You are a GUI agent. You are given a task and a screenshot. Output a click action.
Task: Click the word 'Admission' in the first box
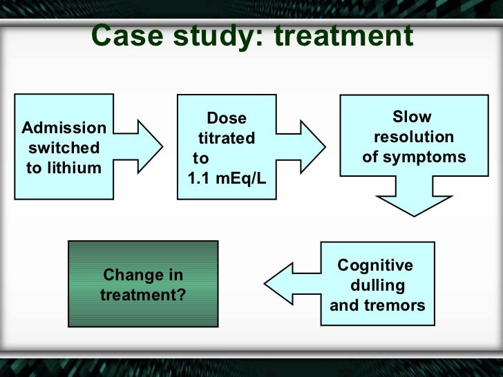click(64, 128)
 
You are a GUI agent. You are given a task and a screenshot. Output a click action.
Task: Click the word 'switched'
click(64, 148)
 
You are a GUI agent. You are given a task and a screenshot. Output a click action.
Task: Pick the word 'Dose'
click(227, 119)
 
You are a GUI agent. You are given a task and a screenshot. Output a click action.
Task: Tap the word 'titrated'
click(227, 138)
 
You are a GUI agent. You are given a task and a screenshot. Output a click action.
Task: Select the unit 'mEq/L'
click(243, 178)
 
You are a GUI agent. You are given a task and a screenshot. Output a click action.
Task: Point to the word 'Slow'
click(412, 117)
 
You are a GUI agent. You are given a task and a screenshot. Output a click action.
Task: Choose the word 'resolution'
click(414, 137)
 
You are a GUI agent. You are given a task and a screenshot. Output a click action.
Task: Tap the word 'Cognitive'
click(375, 266)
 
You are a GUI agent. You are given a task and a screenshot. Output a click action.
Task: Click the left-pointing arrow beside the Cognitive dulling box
click(290, 284)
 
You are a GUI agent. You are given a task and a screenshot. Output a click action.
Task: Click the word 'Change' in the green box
click(125, 275)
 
